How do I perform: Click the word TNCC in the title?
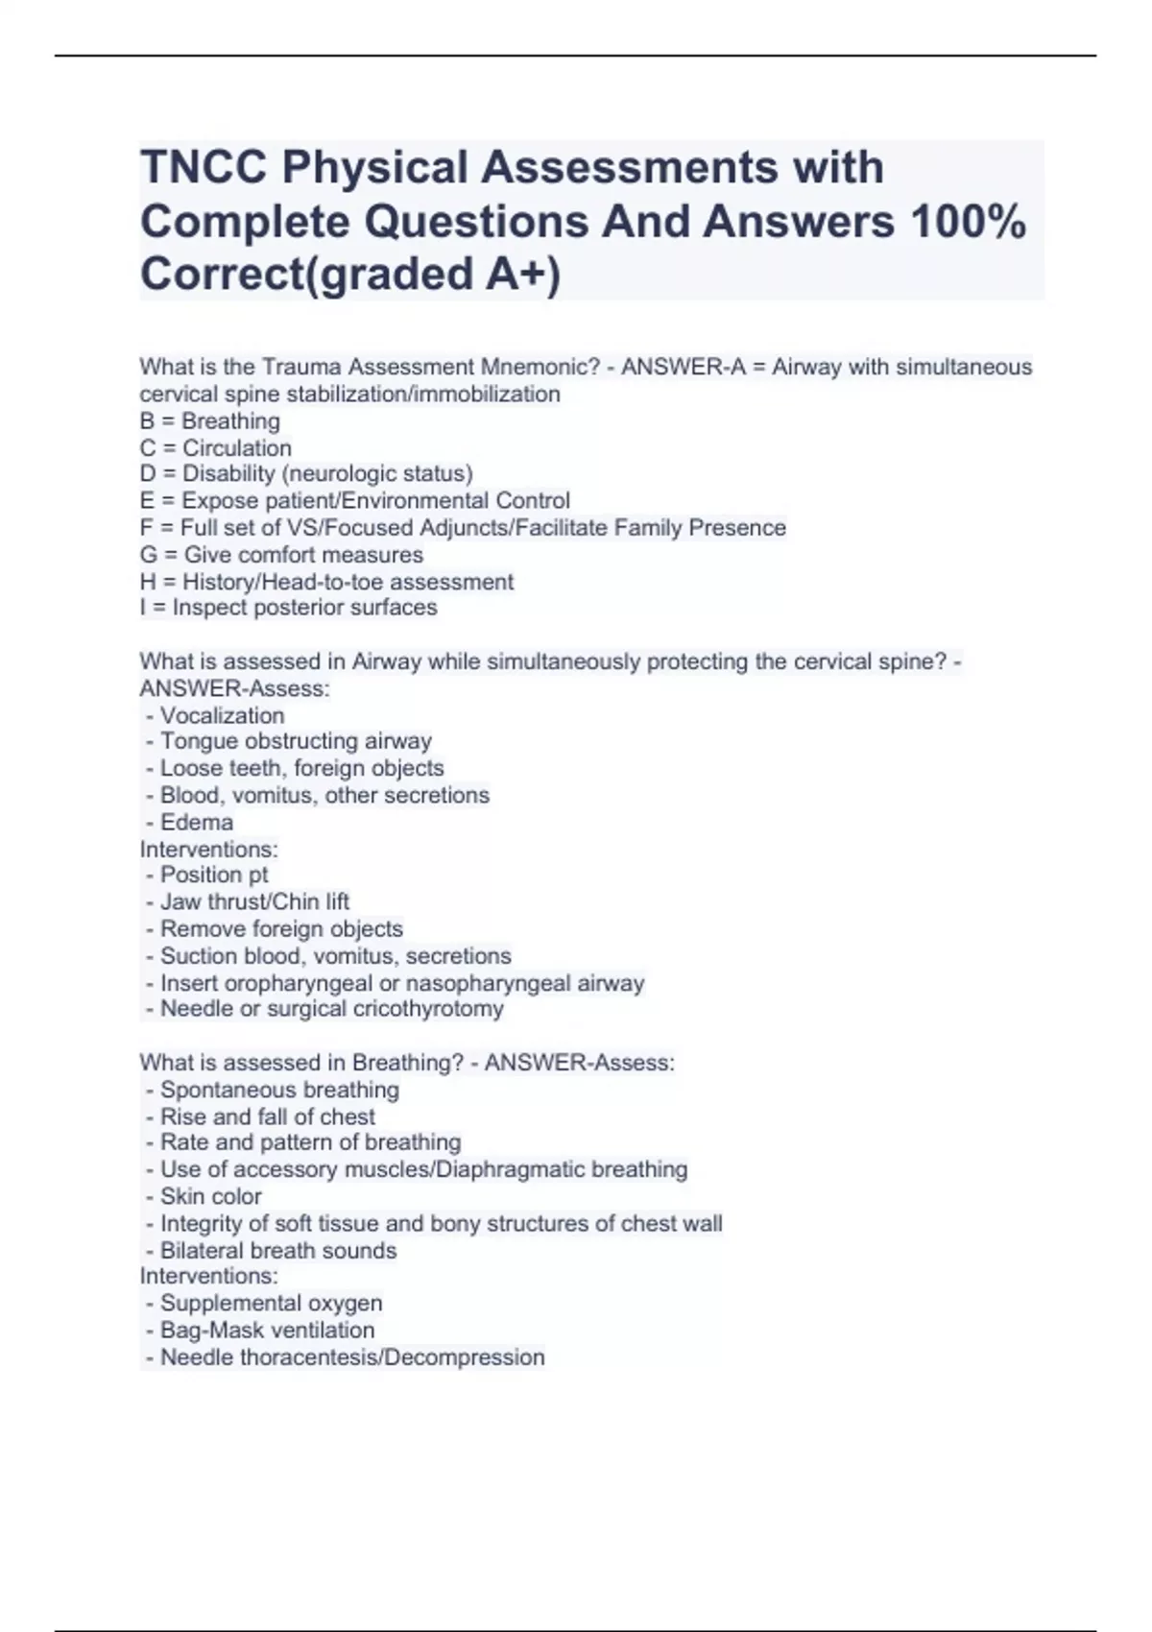click(x=204, y=167)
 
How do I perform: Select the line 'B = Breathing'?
click(x=209, y=420)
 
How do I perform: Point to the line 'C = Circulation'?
click(x=215, y=447)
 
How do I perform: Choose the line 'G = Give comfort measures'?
click(x=280, y=554)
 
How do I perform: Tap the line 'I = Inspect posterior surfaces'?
click(x=288, y=607)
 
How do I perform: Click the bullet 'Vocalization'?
click(x=222, y=715)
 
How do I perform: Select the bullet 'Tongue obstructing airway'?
click(x=296, y=741)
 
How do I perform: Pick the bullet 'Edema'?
click(x=196, y=822)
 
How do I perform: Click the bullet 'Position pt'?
click(x=213, y=875)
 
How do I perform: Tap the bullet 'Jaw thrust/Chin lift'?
click(x=254, y=901)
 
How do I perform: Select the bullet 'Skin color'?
click(x=210, y=1196)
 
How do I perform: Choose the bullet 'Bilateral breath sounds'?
click(x=277, y=1250)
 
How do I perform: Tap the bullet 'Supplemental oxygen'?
click(x=271, y=1303)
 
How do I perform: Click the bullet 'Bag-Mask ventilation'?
click(x=267, y=1330)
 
